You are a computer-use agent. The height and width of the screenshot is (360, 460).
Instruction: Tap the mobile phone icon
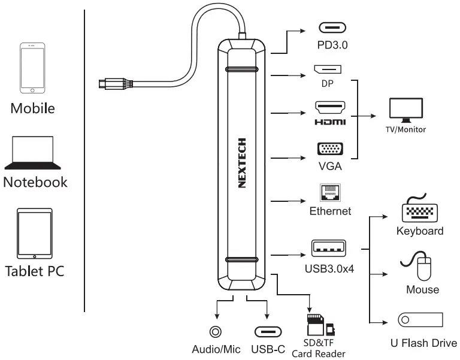coord(32,68)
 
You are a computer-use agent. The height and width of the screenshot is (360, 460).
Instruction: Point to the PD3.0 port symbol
coord(331,28)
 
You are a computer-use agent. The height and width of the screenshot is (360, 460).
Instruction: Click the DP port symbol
coord(328,70)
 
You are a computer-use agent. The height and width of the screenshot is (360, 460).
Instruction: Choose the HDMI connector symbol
coord(330,108)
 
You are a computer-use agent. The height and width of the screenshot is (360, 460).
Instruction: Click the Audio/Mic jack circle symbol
coord(214,331)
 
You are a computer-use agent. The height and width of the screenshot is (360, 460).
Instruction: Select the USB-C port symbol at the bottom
coord(267,332)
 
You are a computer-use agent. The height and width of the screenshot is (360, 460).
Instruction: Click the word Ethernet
coord(330,211)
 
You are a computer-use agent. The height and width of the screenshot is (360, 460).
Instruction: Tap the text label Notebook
coord(35,182)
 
